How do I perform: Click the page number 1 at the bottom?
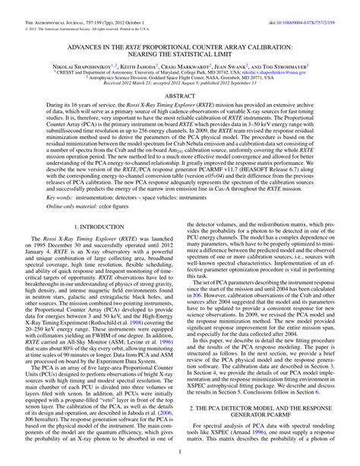[x=180, y=457]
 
